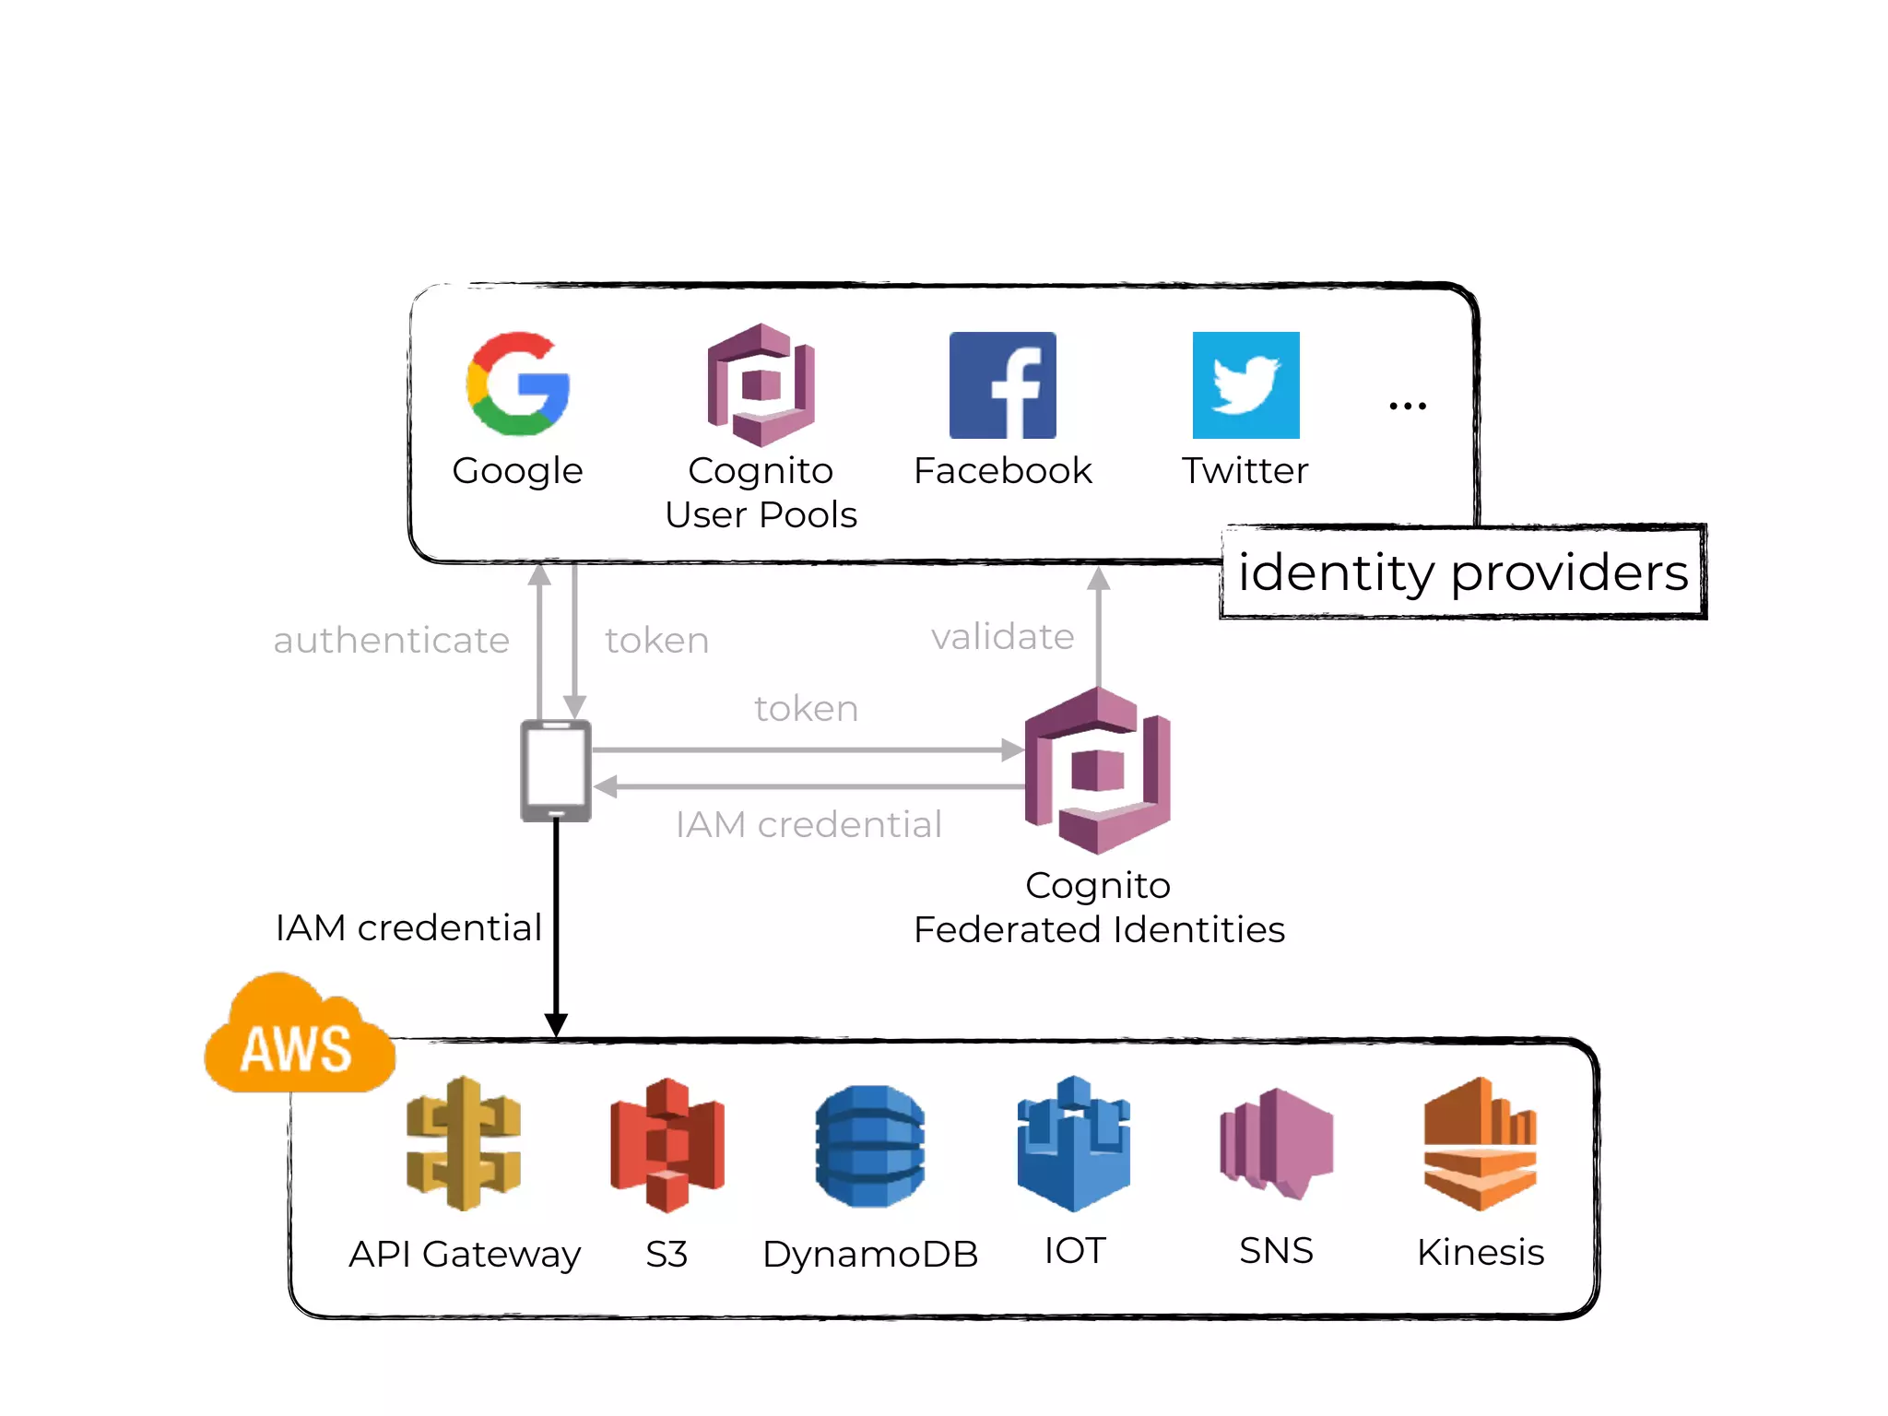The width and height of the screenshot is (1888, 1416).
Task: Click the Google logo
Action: click(x=518, y=384)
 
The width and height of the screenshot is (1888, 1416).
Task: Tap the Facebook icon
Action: click(x=1002, y=385)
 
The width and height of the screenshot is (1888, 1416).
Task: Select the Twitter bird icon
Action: click(x=1245, y=385)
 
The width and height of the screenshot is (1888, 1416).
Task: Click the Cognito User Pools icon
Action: click(x=761, y=385)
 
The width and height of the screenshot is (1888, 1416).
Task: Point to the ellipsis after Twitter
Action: click(x=1408, y=406)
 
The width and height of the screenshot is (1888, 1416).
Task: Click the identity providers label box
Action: click(x=1463, y=572)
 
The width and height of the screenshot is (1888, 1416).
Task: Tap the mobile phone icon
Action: click(x=556, y=771)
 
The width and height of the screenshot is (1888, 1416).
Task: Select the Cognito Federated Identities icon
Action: click(x=1098, y=771)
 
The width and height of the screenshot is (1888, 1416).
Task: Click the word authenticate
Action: click(x=391, y=640)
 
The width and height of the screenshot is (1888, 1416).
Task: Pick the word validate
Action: click(x=1002, y=637)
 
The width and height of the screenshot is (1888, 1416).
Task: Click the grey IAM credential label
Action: click(x=808, y=824)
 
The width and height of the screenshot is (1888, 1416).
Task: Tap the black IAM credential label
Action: click(x=408, y=927)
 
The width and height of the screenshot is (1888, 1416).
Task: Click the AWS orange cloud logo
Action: click(x=298, y=1037)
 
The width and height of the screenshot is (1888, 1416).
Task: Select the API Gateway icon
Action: click(x=464, y=1143)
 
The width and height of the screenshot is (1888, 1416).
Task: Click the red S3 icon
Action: click(x=667, y=1144)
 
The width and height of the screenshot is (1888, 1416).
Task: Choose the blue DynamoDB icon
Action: click(x=870, y=1146)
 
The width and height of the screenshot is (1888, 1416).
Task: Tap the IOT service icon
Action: click(x=1074, y=1144)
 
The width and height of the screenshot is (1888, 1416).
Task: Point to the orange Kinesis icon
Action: click(x=1481, y=1144)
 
